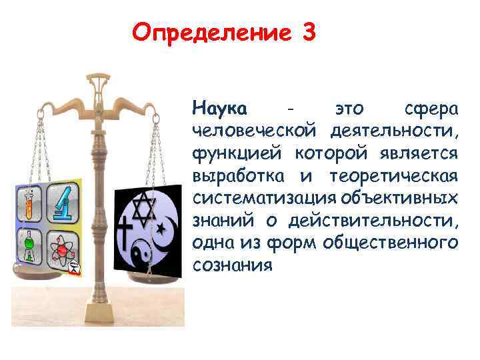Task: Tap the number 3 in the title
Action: click(308, 32)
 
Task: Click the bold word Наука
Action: click(219, 107)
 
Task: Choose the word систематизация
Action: click(263, 199)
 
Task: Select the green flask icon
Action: click(29, 248)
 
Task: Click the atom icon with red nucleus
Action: click(63, 249)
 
